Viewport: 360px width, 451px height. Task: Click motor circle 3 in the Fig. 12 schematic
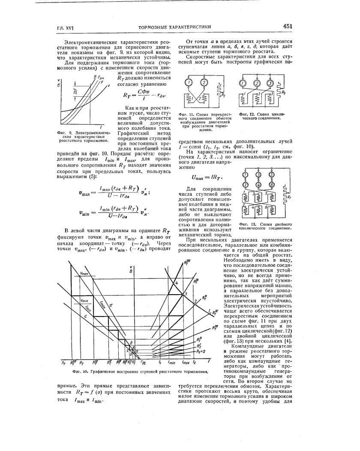(x=270, y=83)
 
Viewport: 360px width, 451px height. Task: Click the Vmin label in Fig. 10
(x=84, y=301)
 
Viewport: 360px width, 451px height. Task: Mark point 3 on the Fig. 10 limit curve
(x=186, y=293)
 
